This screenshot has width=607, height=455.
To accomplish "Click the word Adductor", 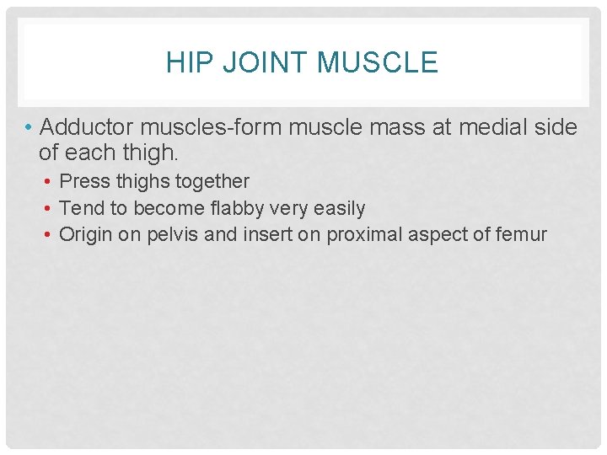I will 87,127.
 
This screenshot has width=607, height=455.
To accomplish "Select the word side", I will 556,127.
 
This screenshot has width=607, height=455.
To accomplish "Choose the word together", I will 212,181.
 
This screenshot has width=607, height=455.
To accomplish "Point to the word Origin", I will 86,234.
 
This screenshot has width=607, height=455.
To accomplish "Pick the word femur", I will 523,234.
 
